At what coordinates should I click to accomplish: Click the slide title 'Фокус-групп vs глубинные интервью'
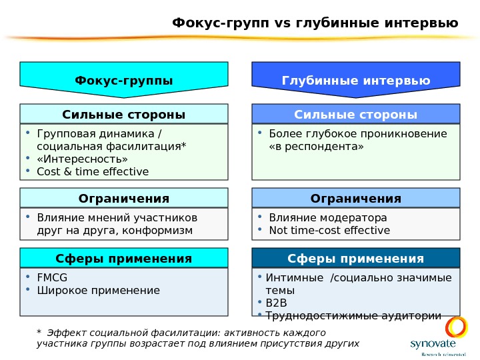coord(315,23)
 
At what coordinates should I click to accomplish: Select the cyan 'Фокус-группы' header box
coord(124,81)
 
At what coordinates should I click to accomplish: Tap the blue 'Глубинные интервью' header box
coord(356,81)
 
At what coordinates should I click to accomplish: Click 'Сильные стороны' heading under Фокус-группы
coord(124,114)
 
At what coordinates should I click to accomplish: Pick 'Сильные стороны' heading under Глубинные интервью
coord(356,114)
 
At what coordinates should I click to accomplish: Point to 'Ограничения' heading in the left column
coord(124,198)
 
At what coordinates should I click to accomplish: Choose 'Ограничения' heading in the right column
coord(356,198)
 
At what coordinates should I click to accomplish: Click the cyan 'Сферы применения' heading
coord(124,258)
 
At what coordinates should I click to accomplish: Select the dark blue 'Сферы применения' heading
coord(356,258)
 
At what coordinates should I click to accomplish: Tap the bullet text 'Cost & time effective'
coord(93,171)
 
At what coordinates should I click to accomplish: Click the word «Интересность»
coord(82,159)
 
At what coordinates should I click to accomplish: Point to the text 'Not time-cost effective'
coord(329,230)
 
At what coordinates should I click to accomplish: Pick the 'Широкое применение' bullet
coord(99,290)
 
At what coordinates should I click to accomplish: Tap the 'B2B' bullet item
coord(276,303)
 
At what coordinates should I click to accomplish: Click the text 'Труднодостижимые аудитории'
coord(353,315)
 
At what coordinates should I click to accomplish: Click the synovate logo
coord(433,337)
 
